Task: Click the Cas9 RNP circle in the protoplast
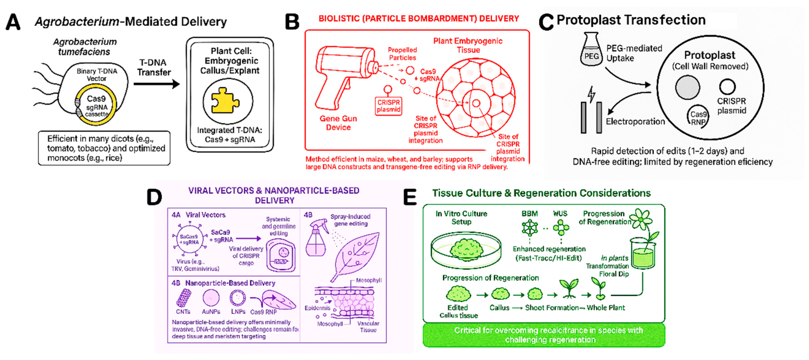pos(698,117)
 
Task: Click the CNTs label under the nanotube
pos(183,312)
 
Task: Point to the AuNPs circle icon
pos(211,297)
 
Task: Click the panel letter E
pos(410,198)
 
